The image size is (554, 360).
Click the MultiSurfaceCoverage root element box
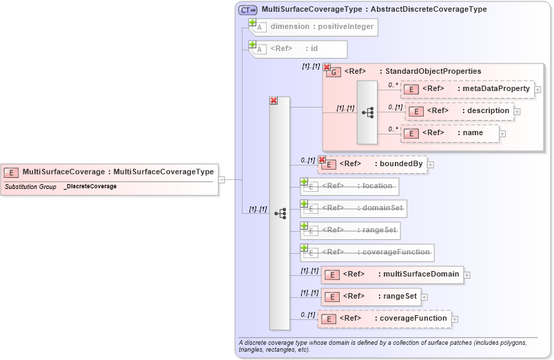click(x=110, y=172)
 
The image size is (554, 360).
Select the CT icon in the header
click(x=247, y=10)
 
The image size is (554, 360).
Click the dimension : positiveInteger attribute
click(x=314, y=27)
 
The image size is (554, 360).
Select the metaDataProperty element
click(x=468, y=89)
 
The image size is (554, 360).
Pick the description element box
click(x=460, y=111)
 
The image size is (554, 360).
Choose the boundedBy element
click(x=373, y=164)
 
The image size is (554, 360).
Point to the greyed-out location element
click(x=350, y=186)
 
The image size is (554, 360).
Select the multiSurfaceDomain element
click(x=392, y=274)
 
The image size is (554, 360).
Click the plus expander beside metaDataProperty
click(x=537, y=90)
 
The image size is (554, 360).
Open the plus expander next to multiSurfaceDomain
click(x=467, y=275)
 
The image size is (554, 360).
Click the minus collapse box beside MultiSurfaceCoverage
click(x=221, y=179)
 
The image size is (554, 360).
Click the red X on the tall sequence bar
click(x=274, y=101)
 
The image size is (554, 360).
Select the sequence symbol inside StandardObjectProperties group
click(x=367, y=112)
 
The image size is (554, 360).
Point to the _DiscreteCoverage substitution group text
click(x=90, y=187)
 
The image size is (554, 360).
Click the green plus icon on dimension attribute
click(x=252, y=23)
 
